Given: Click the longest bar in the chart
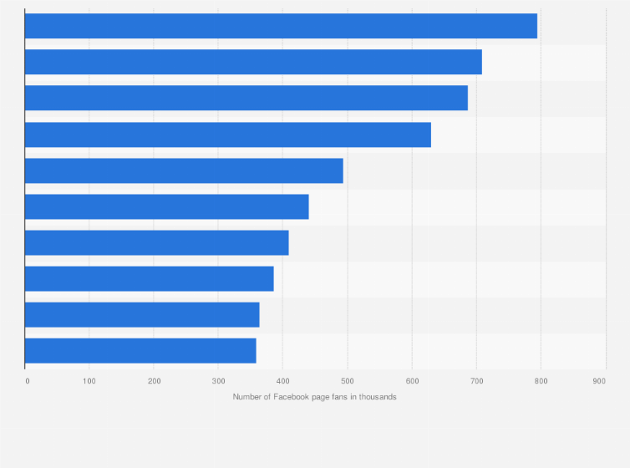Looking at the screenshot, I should point(281,26).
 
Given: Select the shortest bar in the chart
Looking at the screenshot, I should point(140,350).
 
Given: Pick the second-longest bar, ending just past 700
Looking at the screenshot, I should point(253,62).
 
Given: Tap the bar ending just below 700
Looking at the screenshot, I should point(246,98).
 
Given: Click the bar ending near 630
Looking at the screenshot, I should point(228,135).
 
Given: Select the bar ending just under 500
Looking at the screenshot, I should point(184,170).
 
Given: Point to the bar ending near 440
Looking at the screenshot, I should point(167,206).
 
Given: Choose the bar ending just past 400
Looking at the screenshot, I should point(157,242).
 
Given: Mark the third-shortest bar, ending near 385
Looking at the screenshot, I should point(150,278).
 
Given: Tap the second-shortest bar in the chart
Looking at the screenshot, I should point(142,314).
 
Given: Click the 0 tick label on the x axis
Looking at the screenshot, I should point(27,381).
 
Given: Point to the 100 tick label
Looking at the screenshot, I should point(89,381).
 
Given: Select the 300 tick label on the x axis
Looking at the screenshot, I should point(218,381).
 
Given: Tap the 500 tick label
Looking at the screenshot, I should point(348,381).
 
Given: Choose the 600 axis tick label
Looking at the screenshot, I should point(412,381).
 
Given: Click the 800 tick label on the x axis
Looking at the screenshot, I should point(541,381).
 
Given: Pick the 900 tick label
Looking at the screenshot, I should point(599,381).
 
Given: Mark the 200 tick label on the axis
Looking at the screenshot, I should point(154,381).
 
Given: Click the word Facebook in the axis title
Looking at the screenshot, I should point(288,396).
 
